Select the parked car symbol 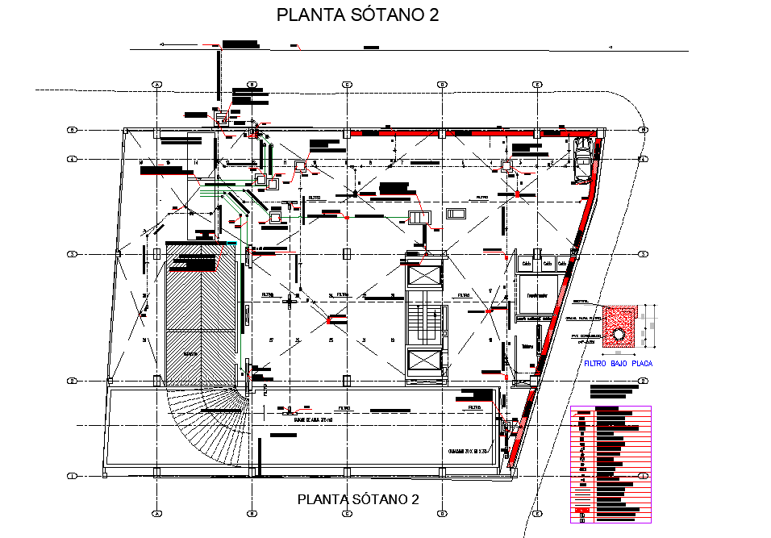[581, 160]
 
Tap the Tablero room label [529, 348]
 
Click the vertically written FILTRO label [265, 390]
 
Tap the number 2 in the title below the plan [415, 499]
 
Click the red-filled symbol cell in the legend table [582, 510]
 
